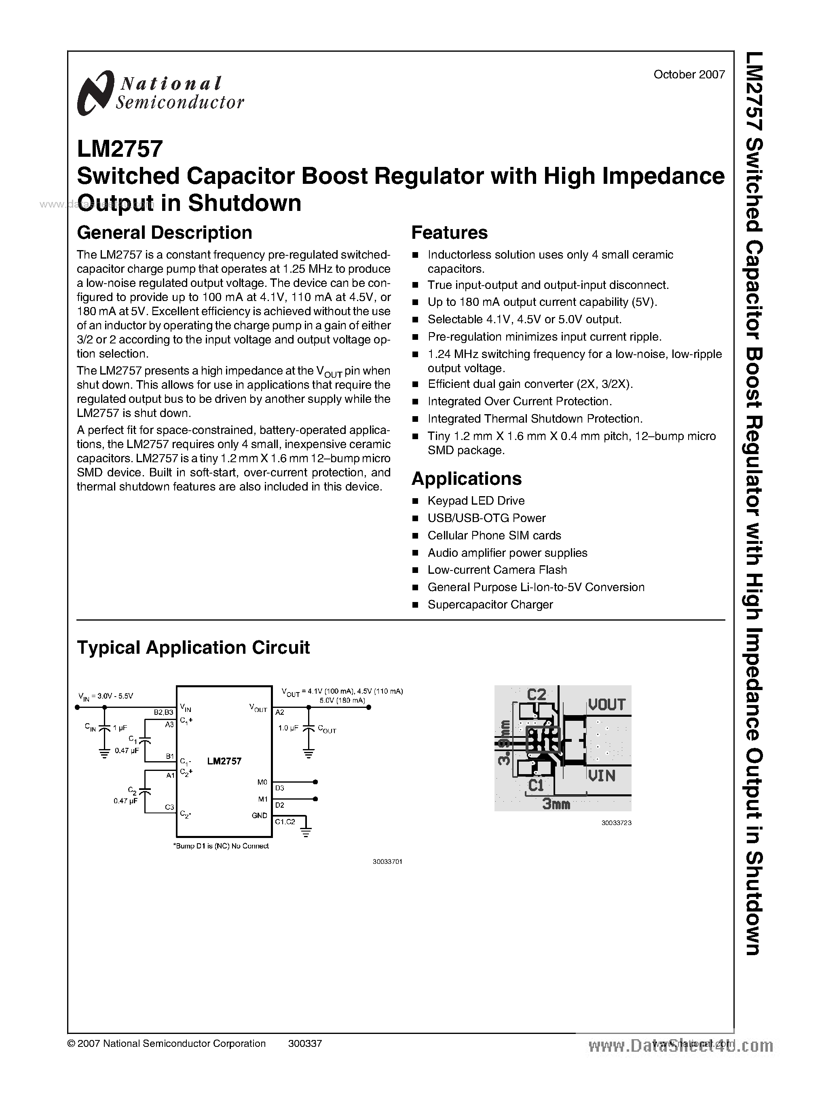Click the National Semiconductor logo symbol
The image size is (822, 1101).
tap(93, 93)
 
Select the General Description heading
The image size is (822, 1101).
tap(164, 233)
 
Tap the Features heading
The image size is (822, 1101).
tap(449, 233)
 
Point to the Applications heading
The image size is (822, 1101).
tap(466, 478)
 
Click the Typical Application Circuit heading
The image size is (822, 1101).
tap(193, 648)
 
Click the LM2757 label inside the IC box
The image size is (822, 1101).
tap(224, 761)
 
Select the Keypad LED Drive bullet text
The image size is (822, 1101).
tap(475, 501)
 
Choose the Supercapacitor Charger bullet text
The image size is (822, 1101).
tap(490, 605)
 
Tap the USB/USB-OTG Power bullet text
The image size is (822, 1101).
tap(486, 518)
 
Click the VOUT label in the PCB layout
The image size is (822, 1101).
tap(606, 705)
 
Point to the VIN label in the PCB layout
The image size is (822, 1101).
tap(602, 775)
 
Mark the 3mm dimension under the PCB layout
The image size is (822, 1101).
tap(556, 804)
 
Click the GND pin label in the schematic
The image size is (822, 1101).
tap(259, 816)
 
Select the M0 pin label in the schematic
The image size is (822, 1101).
tap(262, 782)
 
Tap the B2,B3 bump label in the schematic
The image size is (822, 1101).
tap(164, 712)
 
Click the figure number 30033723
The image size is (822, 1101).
tap(616, 823)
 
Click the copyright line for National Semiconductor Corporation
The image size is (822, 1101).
tap(166, 1044)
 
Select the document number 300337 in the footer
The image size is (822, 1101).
tap(304, 1044)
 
